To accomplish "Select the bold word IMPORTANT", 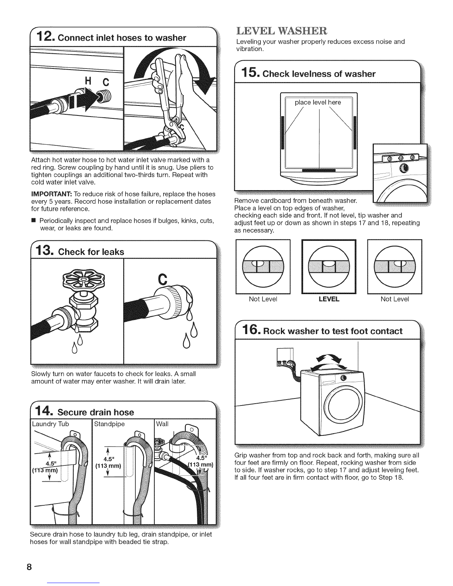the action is click(x=51, y=194).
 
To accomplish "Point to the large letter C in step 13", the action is click(x=163, y=279).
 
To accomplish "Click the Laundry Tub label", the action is click(x=50, y=424).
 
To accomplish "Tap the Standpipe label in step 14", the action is click(x=109, y=424).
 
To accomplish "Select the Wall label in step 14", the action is click(x=162, y=424).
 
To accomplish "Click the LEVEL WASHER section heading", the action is click(x=282, y=31).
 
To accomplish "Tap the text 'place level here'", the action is click(x=318, y=102).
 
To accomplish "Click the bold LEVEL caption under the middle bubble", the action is click(x=329, y=299).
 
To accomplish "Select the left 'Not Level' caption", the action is click(x=263, y=299).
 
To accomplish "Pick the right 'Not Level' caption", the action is click(x=395, y=299).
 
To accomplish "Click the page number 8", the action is click(x=29, y=567).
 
